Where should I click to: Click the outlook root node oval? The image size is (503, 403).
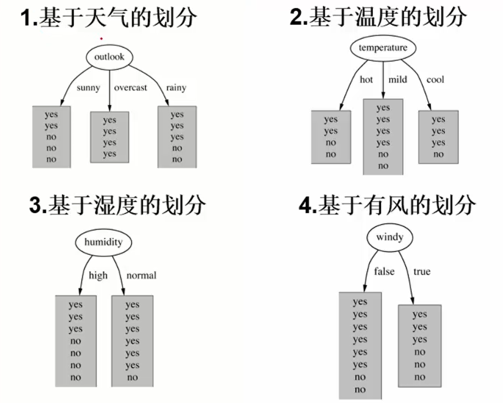[x=109, y=57]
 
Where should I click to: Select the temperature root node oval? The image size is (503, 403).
[x=383, y=48]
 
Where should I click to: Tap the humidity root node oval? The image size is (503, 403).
[x=103, y=242]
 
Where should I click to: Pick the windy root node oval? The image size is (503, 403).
[x=389, y=237]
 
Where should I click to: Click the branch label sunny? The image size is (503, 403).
[x=88, y=87]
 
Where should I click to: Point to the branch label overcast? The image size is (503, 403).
[x=131, y=87]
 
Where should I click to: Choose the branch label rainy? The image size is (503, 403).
[x=176, y=87]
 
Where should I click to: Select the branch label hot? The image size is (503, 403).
[x=366, y=79]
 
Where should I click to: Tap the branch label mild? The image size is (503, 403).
[x=397, y=79]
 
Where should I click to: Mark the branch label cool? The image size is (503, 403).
[x=435, y=79]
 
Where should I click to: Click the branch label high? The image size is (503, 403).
[x=98, y=276]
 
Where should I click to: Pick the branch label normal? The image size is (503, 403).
[x=142, y=276]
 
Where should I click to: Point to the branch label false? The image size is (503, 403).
[x=384, y=271]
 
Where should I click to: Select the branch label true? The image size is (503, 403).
[x=421, y=271]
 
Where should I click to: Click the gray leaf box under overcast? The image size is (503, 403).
[x=109, y=137]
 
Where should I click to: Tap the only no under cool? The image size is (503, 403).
[x=438, y=154]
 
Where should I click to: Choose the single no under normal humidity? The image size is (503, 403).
[x=132, y=377]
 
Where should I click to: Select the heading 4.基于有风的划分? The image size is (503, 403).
[x=387, y=205]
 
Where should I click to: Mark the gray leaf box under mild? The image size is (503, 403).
[x=383, y=137]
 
